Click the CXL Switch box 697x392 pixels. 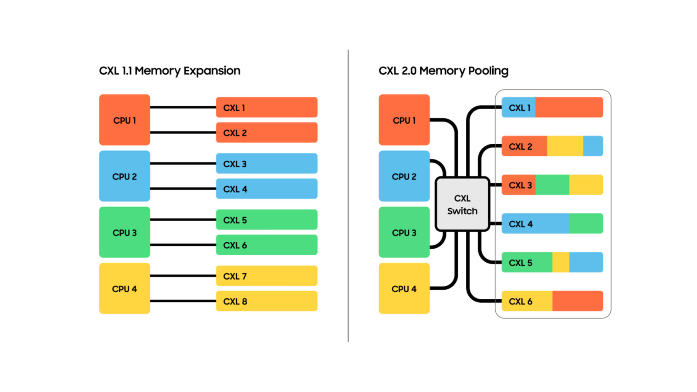[x=462, y=204]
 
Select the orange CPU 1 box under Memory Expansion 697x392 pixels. [x=125, y=120]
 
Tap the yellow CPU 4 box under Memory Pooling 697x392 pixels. [x=404, y=288]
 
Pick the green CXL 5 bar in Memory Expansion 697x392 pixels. [x=267, y=220]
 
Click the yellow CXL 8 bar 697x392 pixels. [x=267, y=301]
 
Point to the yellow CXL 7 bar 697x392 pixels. [x=267, y=276]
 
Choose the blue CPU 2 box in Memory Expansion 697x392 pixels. [x=125, y=176]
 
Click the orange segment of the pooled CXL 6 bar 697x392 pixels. [x=577, y=301]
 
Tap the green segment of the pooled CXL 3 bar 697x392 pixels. [x=552, y=185]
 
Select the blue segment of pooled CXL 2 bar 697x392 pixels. [x=593, y=146]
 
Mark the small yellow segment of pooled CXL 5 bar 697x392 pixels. [x=561, y=262]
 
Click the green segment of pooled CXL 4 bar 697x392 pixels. [x=586, y=223]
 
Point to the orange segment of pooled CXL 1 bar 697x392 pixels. [x=568, y=107]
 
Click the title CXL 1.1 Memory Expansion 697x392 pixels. [x=169, y=71]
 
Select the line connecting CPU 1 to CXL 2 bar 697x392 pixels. [x=183, y=132]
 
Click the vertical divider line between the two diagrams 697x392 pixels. [x=348, y=196]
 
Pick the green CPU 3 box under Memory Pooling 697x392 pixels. [x=404, y=232]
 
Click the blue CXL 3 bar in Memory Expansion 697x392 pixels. [x=267, y=163]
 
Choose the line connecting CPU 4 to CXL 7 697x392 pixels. [x=183, y=276]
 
